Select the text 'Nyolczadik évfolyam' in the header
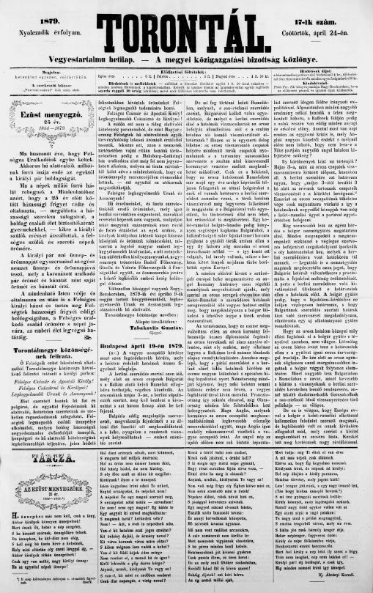[45, 21]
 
